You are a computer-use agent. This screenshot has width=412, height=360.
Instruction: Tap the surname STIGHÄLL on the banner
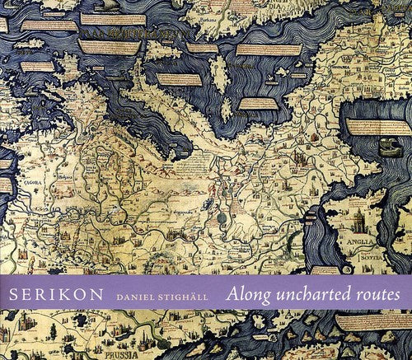187,293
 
